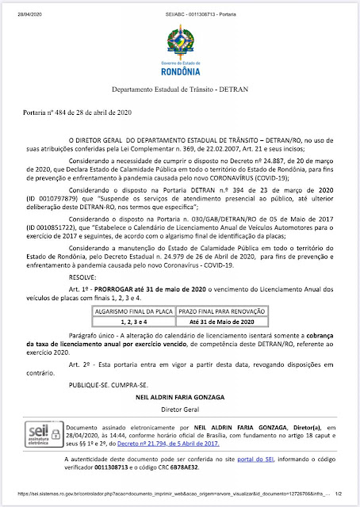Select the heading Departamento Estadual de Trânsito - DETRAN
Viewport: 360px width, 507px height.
(x=180, y=92)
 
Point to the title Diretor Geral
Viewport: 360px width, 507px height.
(x=179, y=409)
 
